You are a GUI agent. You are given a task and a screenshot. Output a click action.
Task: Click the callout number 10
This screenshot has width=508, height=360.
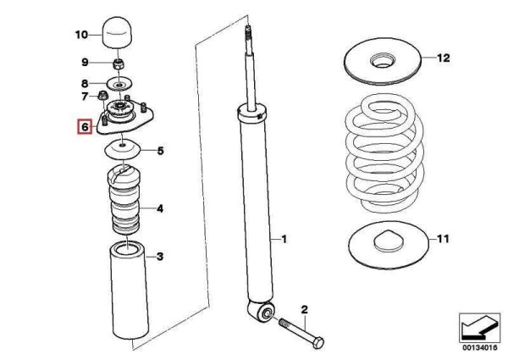tap(81, 35)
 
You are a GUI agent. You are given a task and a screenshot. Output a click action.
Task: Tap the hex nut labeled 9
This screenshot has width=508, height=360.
tap(119, 63)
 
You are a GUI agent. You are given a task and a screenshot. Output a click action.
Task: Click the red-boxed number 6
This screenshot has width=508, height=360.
tap(82, 127)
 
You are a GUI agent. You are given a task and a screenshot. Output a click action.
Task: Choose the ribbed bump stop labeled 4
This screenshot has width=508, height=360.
tap(124, 205)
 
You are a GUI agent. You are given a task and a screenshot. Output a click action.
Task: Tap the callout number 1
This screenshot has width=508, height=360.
tap(284, 240)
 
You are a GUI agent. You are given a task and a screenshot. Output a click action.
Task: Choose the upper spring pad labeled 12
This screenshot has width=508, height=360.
tap(385, 61)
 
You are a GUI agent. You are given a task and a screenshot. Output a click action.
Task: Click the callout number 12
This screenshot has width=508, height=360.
tap(444, 58)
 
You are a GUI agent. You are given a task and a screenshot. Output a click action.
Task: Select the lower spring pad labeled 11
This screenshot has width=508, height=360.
tap(385, 243)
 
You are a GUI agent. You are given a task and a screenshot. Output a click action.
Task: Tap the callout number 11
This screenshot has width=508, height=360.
tap(443, 241)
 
